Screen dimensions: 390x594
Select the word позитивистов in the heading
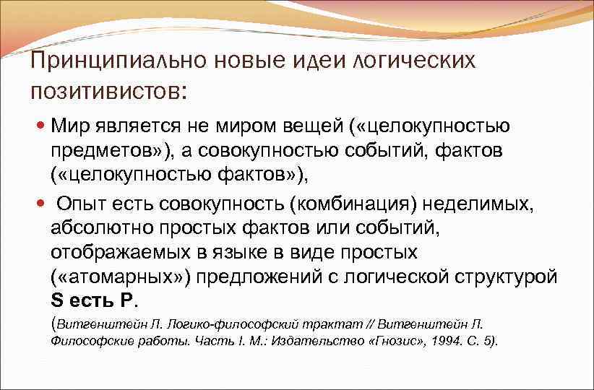[x=105, y=91]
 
